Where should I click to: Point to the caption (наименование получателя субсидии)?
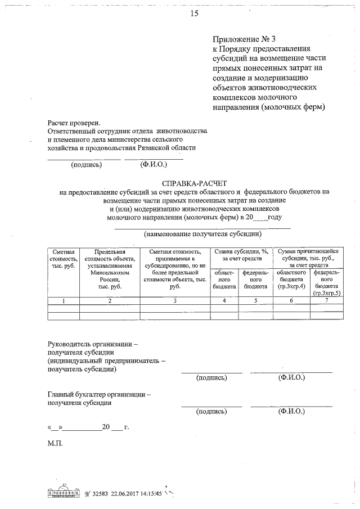point(203,233)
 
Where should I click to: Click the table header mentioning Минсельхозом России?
point(110,269)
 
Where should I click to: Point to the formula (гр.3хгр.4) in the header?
point(291,286)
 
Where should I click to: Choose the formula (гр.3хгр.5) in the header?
point(327,293)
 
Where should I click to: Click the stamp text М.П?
point(55,443)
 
